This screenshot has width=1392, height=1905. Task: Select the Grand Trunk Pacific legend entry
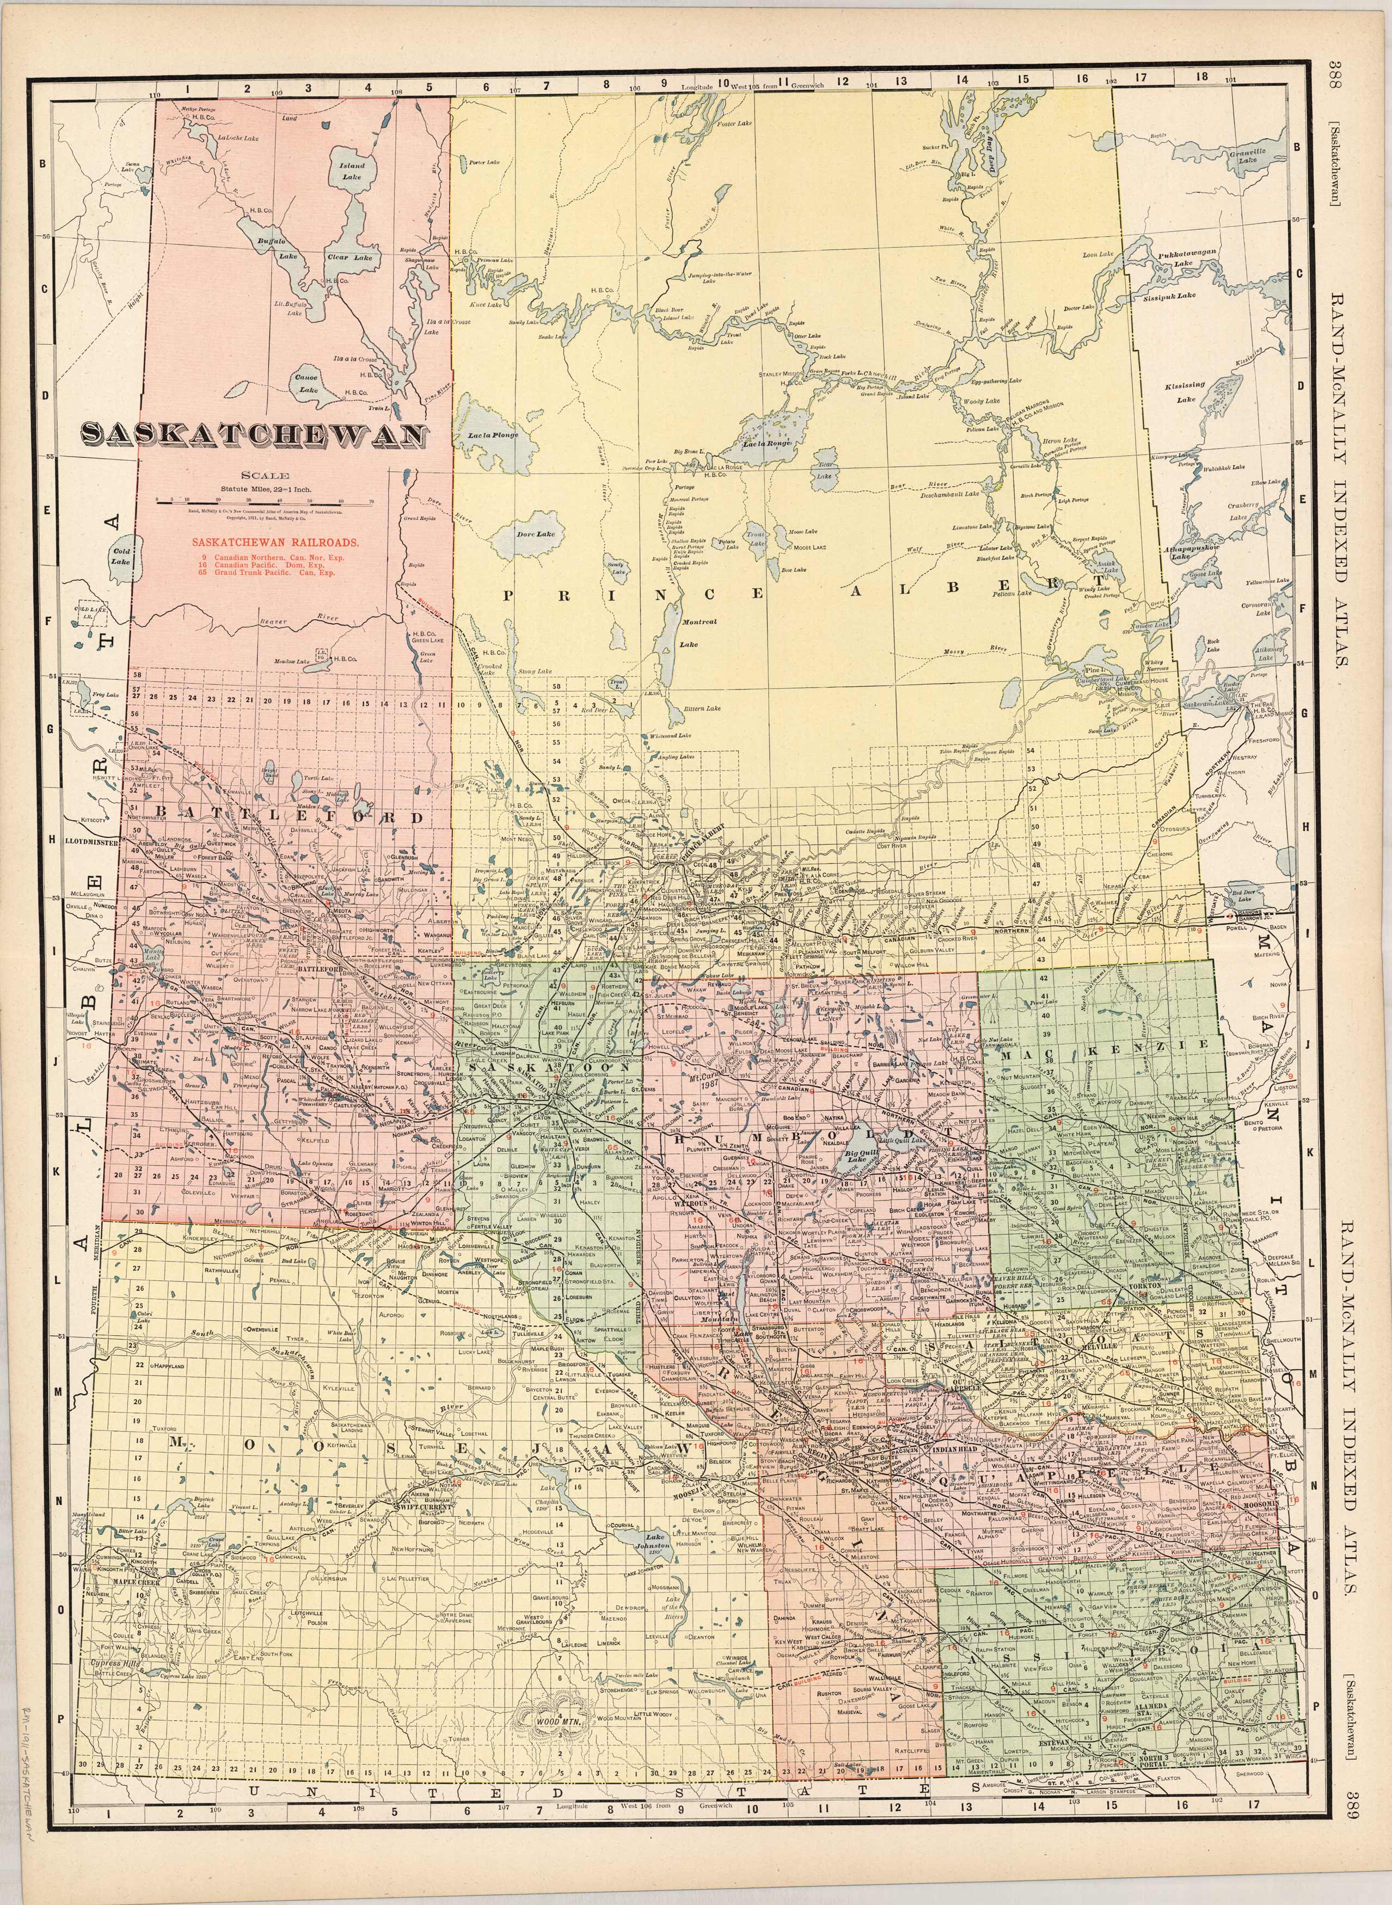[x=263, y=572]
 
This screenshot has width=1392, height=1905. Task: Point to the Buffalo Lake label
[x=271, y=247]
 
